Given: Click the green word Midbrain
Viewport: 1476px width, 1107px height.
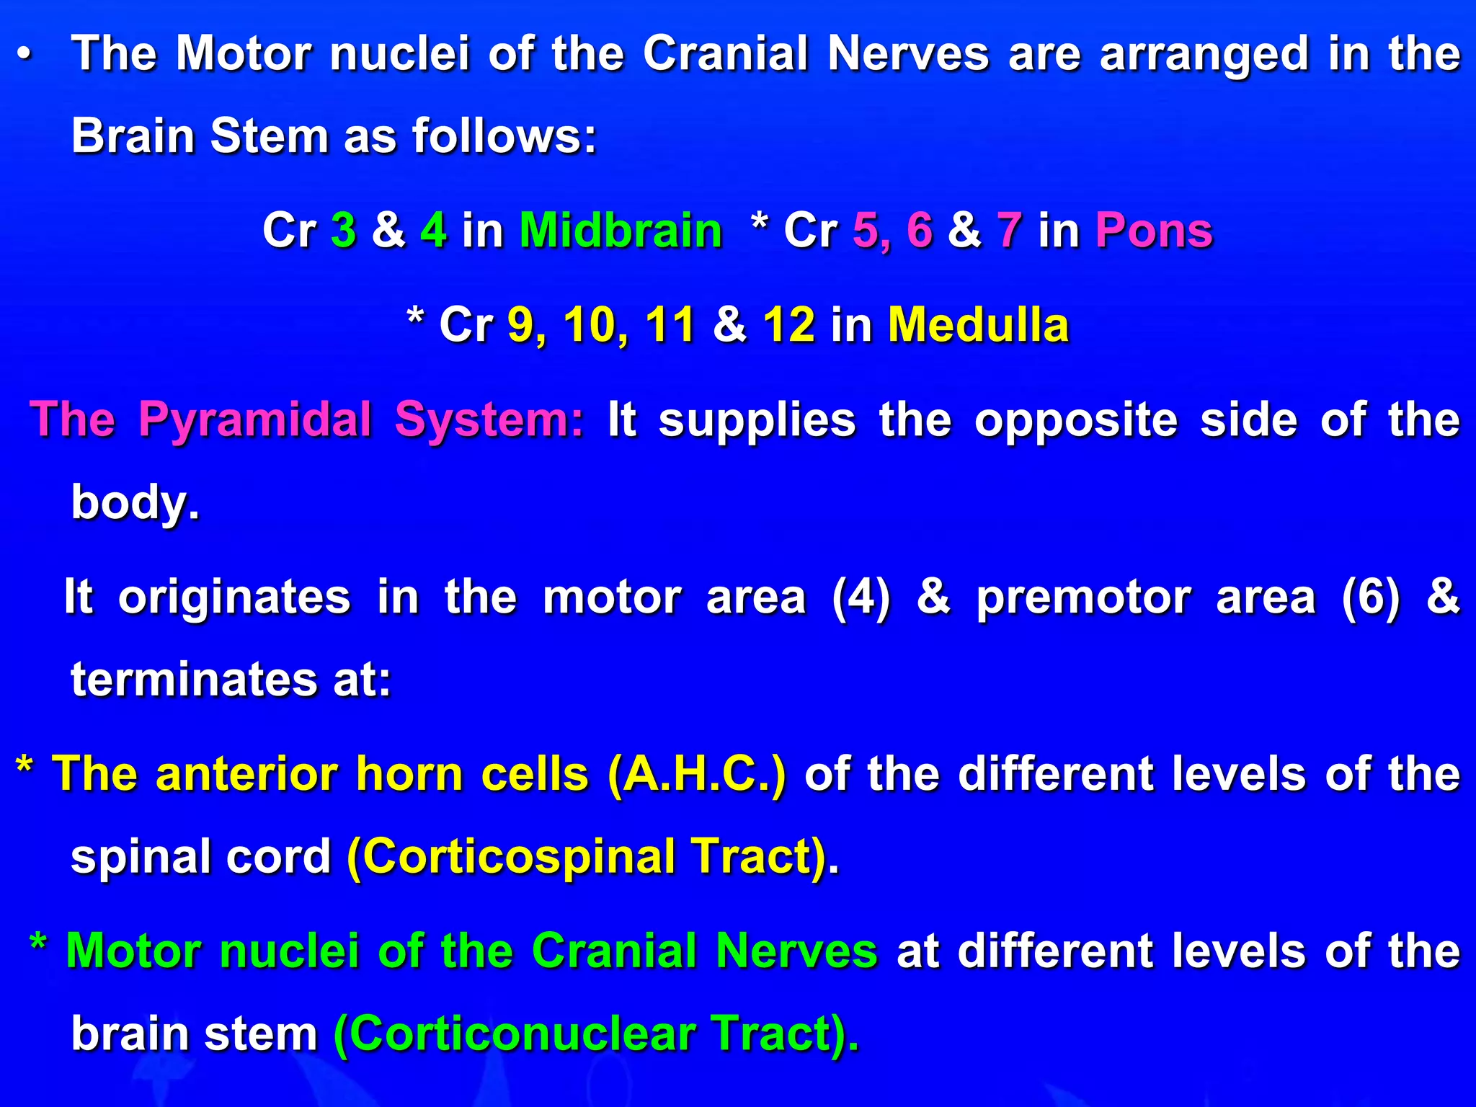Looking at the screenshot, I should coord(621,231).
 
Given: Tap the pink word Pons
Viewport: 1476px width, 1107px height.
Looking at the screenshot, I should coord(1154,231).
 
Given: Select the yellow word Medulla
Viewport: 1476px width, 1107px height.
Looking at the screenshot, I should coord(978,324).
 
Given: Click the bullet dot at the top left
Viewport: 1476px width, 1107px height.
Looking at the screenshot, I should coord(25,55).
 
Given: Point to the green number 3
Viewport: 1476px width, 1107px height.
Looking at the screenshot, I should coord(344,231).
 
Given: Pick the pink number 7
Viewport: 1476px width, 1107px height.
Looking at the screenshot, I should coord(1010,231).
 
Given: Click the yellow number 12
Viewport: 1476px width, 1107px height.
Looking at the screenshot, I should coord(789,324).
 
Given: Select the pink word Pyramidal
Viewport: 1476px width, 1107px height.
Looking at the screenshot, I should coord(256,419).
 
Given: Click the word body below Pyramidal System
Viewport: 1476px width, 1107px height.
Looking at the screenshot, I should coord(135,502).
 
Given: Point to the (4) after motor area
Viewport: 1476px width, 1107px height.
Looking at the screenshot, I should coord(861,597).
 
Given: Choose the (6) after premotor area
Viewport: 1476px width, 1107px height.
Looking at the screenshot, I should coord(1371,597).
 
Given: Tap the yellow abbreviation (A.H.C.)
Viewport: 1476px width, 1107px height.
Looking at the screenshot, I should coord(697,775).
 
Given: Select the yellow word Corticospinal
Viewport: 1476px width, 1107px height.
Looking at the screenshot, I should coord(519,857).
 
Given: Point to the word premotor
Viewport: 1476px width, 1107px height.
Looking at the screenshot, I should coord(1083,597).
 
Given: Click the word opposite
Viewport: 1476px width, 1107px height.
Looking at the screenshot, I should coord(1076,419).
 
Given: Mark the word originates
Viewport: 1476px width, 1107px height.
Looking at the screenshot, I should coord(234,597).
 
